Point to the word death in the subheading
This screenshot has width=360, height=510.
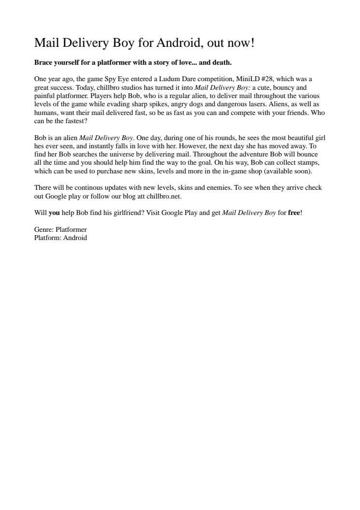click(x=222, y=63)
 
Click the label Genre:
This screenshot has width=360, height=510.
click(x=44, y=229)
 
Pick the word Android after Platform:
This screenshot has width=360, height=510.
click(x=74, y=238)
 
